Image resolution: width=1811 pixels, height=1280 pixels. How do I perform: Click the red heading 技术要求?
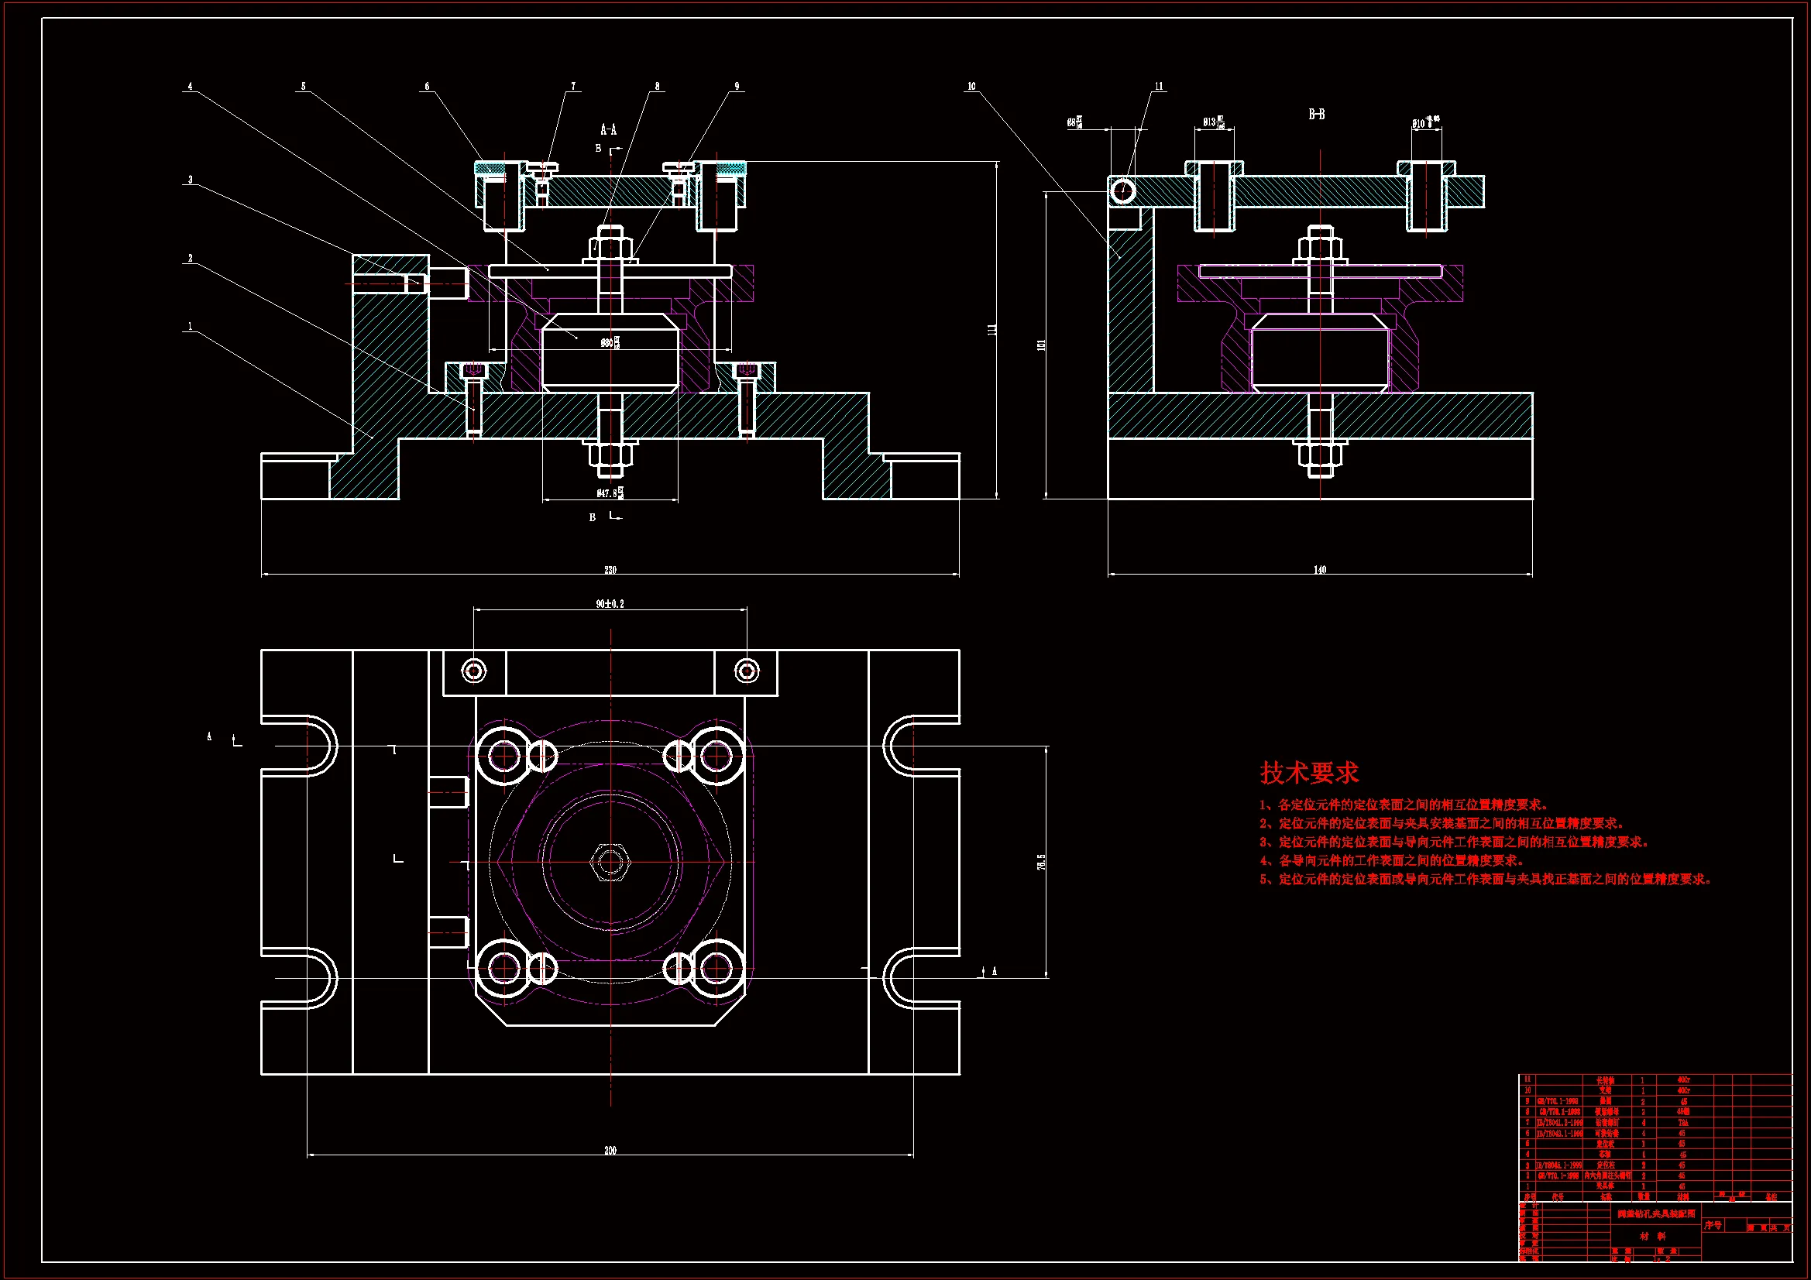click(x=1308, y=773)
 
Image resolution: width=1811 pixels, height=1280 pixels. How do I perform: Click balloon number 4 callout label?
click(x=190, y=86)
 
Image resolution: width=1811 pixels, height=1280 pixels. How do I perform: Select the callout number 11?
click(x=1159, y=86)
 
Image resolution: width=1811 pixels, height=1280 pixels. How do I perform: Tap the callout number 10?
click(x=972, y=86)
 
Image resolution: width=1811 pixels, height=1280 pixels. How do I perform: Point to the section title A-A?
click(x=608, y=130)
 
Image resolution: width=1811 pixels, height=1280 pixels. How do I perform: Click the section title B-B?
click(x=1317, y=115)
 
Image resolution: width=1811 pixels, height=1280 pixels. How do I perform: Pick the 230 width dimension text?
click(x=610, y=569)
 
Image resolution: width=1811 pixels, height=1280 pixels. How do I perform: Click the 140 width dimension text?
click(x=1320, y=569)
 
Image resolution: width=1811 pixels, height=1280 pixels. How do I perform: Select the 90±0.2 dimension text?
click(x=610, y=604)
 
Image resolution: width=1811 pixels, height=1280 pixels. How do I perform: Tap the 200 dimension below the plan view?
click(x=610, y=1151)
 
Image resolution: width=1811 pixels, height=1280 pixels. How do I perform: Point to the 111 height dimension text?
click(x=992, y=330)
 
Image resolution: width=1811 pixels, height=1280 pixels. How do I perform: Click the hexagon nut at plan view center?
click(x=610, y=861)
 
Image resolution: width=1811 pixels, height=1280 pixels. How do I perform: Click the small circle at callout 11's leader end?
click(x=1122, y=190)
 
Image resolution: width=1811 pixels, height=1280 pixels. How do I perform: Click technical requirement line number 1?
click(x=1404, y=805)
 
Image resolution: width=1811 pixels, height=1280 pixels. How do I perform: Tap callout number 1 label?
click(x=190, y=326)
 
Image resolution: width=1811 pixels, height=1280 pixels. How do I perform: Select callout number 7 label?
click(x=573, y=86)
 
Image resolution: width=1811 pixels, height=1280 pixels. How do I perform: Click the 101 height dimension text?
click(x=1041, y=345)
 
